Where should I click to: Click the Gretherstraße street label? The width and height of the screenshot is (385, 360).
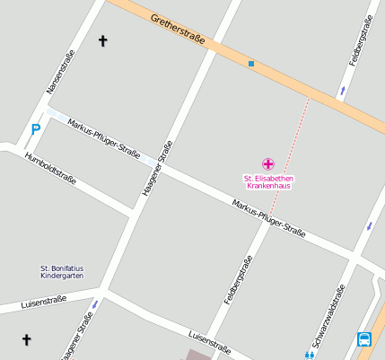[178, 30]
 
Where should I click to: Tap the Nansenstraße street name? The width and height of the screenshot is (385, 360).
[60, 72]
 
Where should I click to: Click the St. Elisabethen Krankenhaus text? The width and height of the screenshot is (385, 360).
[268, 182]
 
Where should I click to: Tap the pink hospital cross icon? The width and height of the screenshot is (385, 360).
[267, 163]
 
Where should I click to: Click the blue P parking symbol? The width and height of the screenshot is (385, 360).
[36, 129]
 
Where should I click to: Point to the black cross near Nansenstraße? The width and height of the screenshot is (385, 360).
[102, 40]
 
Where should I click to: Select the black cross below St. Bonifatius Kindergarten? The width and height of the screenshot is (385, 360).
[26, 339]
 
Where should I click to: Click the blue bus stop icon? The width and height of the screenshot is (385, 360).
[364, 338]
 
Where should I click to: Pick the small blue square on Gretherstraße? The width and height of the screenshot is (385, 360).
[251, 64]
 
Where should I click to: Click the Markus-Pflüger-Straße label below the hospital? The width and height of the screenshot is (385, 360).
[268, 219]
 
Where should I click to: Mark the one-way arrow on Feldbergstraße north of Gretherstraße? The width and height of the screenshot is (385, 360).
[342, 91]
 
